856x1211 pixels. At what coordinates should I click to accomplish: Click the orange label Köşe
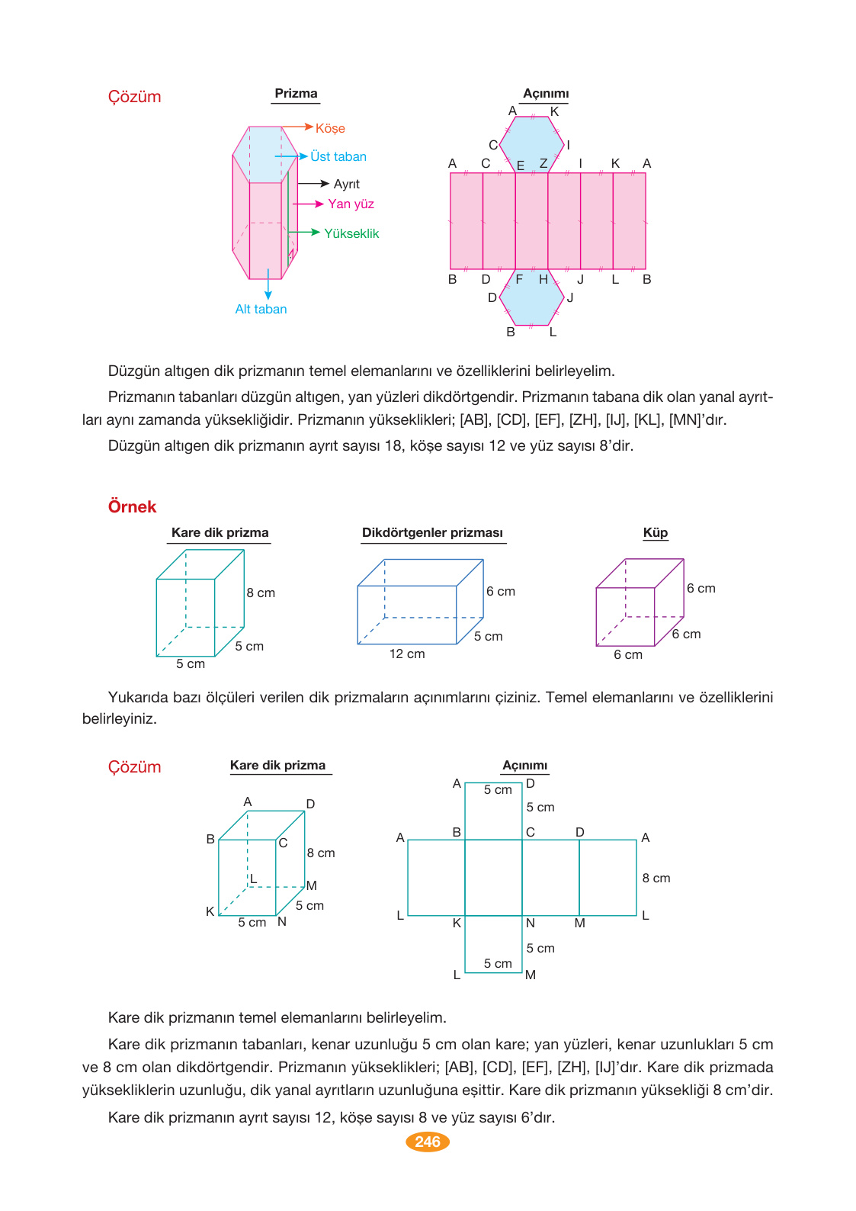(330, 129)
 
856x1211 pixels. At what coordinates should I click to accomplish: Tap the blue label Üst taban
(338, 156)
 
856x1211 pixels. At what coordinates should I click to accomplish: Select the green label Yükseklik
(351, 233)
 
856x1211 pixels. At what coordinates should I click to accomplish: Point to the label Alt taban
(261, 309)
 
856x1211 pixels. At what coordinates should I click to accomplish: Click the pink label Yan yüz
(351, 204)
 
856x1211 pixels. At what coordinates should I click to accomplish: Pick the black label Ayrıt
(347, 184)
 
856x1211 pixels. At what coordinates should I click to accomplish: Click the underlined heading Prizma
(296, 94)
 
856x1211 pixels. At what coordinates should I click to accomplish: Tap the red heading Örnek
(132, 507)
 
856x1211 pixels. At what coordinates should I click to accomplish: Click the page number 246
(428, 1142)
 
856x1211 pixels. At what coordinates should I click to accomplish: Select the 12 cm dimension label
(407, 654)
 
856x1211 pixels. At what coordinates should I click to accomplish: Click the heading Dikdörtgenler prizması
(432, 533)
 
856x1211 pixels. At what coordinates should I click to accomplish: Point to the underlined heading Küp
(656, 533)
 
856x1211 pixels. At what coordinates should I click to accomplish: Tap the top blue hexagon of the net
(532, 144)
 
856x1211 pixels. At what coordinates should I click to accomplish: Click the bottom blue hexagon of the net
(532, 297)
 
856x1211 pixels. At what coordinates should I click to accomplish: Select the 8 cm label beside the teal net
(656, 878)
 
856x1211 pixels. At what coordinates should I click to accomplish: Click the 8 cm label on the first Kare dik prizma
(261, 593)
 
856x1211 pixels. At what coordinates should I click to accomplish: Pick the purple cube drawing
(639, 602)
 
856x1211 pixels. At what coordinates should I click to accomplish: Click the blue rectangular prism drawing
(420, 602)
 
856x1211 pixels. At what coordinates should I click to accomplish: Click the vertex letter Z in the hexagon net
(543, 163)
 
